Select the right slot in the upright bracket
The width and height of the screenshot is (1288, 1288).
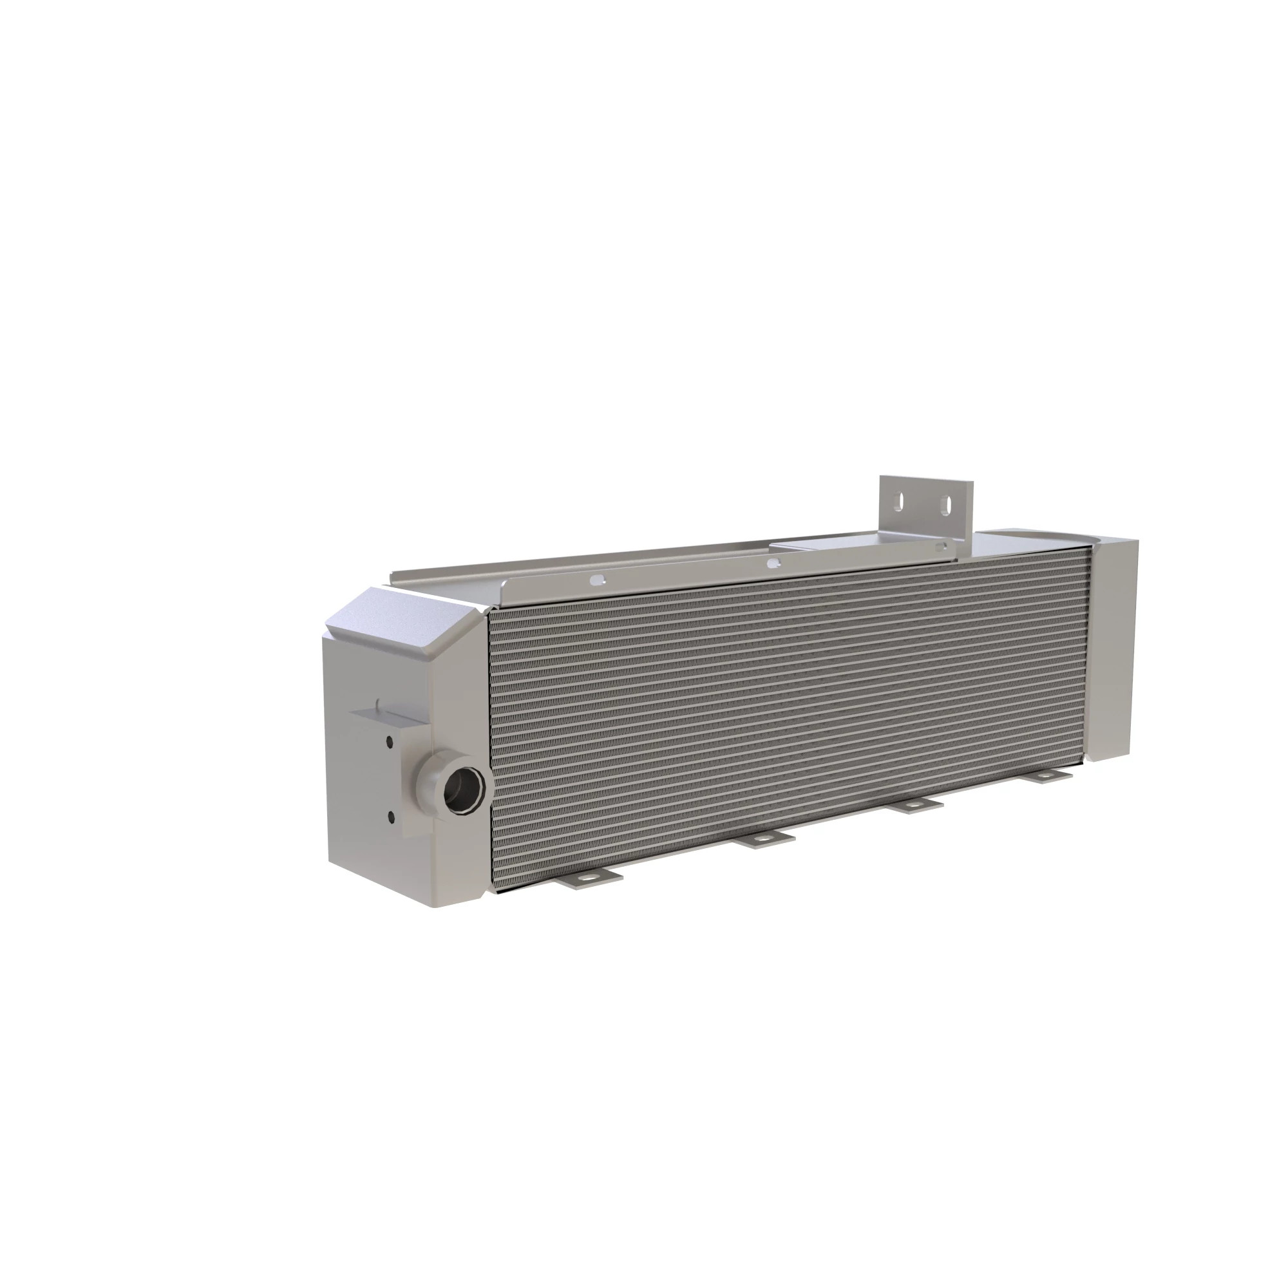pyautogui.click(x=945, y=504)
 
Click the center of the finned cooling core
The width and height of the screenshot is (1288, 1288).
pyautogui.click(x=787, y=720)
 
